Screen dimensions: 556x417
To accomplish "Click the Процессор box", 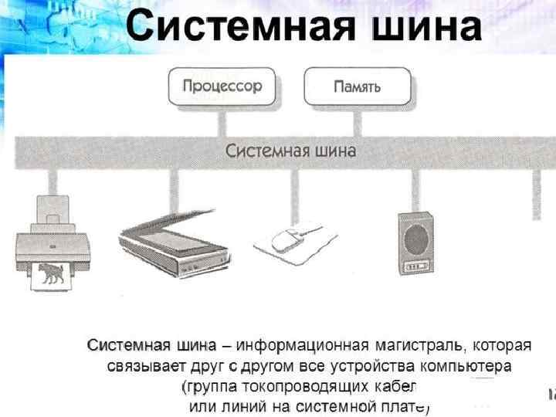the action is (222, 86).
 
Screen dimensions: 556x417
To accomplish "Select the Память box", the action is (357, 86).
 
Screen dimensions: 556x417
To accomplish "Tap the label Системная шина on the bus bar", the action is (290, 151).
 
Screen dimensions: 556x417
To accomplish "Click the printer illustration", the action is (53, 243).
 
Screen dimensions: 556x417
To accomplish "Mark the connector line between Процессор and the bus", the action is (222, 121).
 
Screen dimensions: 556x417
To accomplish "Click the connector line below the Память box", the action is (357, 121).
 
